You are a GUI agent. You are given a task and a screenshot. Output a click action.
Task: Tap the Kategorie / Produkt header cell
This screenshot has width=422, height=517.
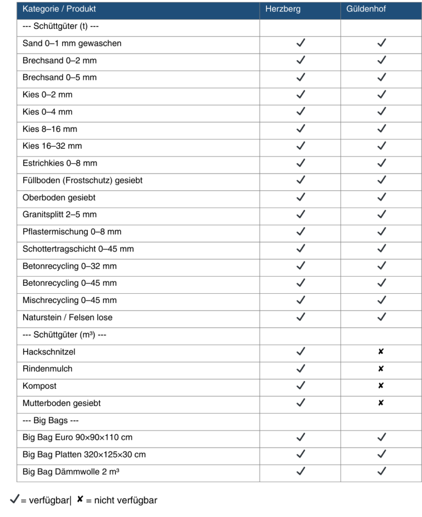tap(59, 9)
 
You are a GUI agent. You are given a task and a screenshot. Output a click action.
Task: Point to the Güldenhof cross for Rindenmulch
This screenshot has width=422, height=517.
tap(381, 369)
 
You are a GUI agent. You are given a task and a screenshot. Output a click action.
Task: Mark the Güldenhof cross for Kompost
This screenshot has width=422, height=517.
tap(381, 386)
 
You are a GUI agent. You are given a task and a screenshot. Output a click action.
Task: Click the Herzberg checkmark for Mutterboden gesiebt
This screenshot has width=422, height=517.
tap(300, 403)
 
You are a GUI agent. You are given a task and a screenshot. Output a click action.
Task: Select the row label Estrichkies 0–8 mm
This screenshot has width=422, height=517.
tap(60, 163)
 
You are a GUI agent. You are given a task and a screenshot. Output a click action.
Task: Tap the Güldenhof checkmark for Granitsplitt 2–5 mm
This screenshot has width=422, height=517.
tap(382, 215)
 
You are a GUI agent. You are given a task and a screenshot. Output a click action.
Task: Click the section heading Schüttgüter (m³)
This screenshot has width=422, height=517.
tap(64, 334)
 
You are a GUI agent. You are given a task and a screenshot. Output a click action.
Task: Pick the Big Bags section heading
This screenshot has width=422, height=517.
tap(51, 420)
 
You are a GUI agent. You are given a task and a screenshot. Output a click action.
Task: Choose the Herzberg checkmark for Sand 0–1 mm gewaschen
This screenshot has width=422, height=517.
tap(300, 43)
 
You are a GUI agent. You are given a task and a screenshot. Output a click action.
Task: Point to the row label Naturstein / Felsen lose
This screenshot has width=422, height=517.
tap(68, 317)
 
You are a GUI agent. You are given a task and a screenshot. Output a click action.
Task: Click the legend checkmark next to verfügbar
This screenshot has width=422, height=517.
tap(15, 500)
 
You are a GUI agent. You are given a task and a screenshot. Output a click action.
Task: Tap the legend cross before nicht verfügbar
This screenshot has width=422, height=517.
tap(80, 500)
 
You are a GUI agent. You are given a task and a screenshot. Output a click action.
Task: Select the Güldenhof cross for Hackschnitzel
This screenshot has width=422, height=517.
tap(381, 351)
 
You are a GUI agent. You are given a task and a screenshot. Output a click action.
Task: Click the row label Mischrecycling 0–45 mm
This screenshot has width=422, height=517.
tap(70, 300)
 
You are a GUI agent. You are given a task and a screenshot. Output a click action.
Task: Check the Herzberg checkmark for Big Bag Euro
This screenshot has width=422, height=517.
tap(300, 437)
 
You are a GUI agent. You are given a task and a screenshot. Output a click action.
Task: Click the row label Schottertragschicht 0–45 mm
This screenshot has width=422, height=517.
tap(78, 249)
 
